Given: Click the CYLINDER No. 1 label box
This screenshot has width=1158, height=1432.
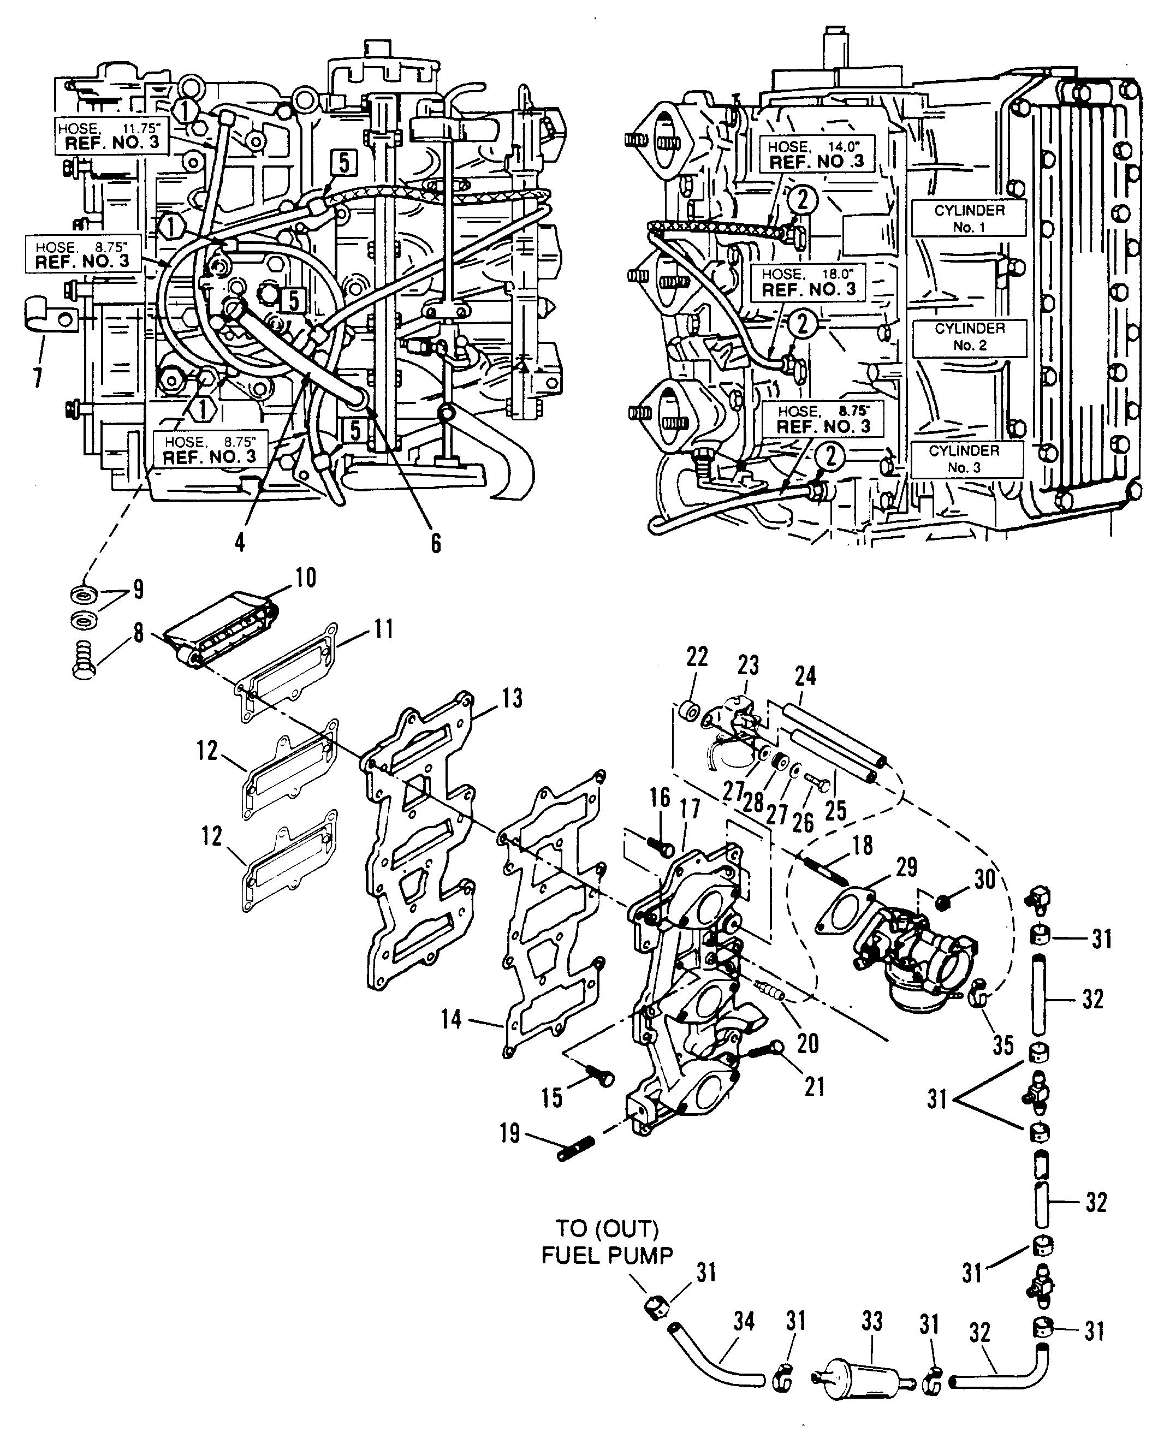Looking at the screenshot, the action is point(969,217).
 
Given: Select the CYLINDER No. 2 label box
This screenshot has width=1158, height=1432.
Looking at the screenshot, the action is point(969,337).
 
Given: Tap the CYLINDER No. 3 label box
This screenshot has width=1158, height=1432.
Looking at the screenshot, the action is point(966,459).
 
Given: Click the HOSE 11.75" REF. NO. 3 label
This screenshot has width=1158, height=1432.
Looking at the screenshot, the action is point(111,136).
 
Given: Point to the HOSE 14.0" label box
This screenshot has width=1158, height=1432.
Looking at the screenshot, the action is point(816,154).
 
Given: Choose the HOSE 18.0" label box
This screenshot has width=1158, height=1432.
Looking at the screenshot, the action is point(809,282).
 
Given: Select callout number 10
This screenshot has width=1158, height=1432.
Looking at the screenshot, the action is point(305,577).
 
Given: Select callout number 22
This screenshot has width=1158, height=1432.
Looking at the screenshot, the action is point(697,657).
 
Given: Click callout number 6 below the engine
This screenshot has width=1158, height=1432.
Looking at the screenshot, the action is point(436,544).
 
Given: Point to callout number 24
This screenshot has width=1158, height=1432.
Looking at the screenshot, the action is point(805,676).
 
